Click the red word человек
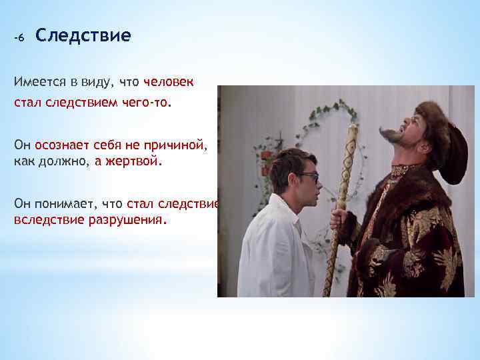(169, 82)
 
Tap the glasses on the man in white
(307, 176)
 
